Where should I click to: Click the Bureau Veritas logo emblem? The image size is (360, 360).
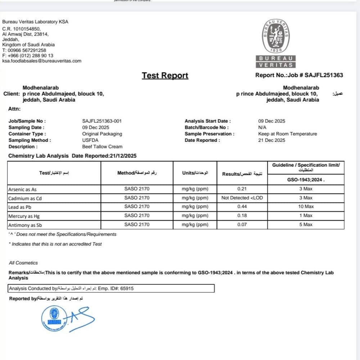click(x=276, y=36)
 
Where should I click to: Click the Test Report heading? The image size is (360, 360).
click(x=165, y=76)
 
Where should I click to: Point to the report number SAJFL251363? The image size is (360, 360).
click(x=324, y=75)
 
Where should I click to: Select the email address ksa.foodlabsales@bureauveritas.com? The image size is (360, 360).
click(x=42, y=61)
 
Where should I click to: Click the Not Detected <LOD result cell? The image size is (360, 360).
click(x=242, y=198)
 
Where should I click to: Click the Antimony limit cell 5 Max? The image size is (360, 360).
click(x=306, y=225)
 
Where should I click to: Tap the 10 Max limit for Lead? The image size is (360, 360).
click(x=306, y=207)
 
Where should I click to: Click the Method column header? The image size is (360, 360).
click(x=137, y=173)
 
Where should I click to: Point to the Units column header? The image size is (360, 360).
click(x=195, y=173)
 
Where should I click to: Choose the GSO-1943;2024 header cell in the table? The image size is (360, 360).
click(x=306, y=180)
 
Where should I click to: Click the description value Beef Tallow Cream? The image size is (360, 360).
click(x=102, y=147)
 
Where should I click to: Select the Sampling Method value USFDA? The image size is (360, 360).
click(x=90, y=140)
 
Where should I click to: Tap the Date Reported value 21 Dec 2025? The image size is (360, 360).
click(x=271, y=140)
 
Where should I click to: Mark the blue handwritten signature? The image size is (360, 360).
click(x=81, y=319)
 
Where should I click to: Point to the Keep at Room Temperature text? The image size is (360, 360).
click(x=287, y=134)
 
